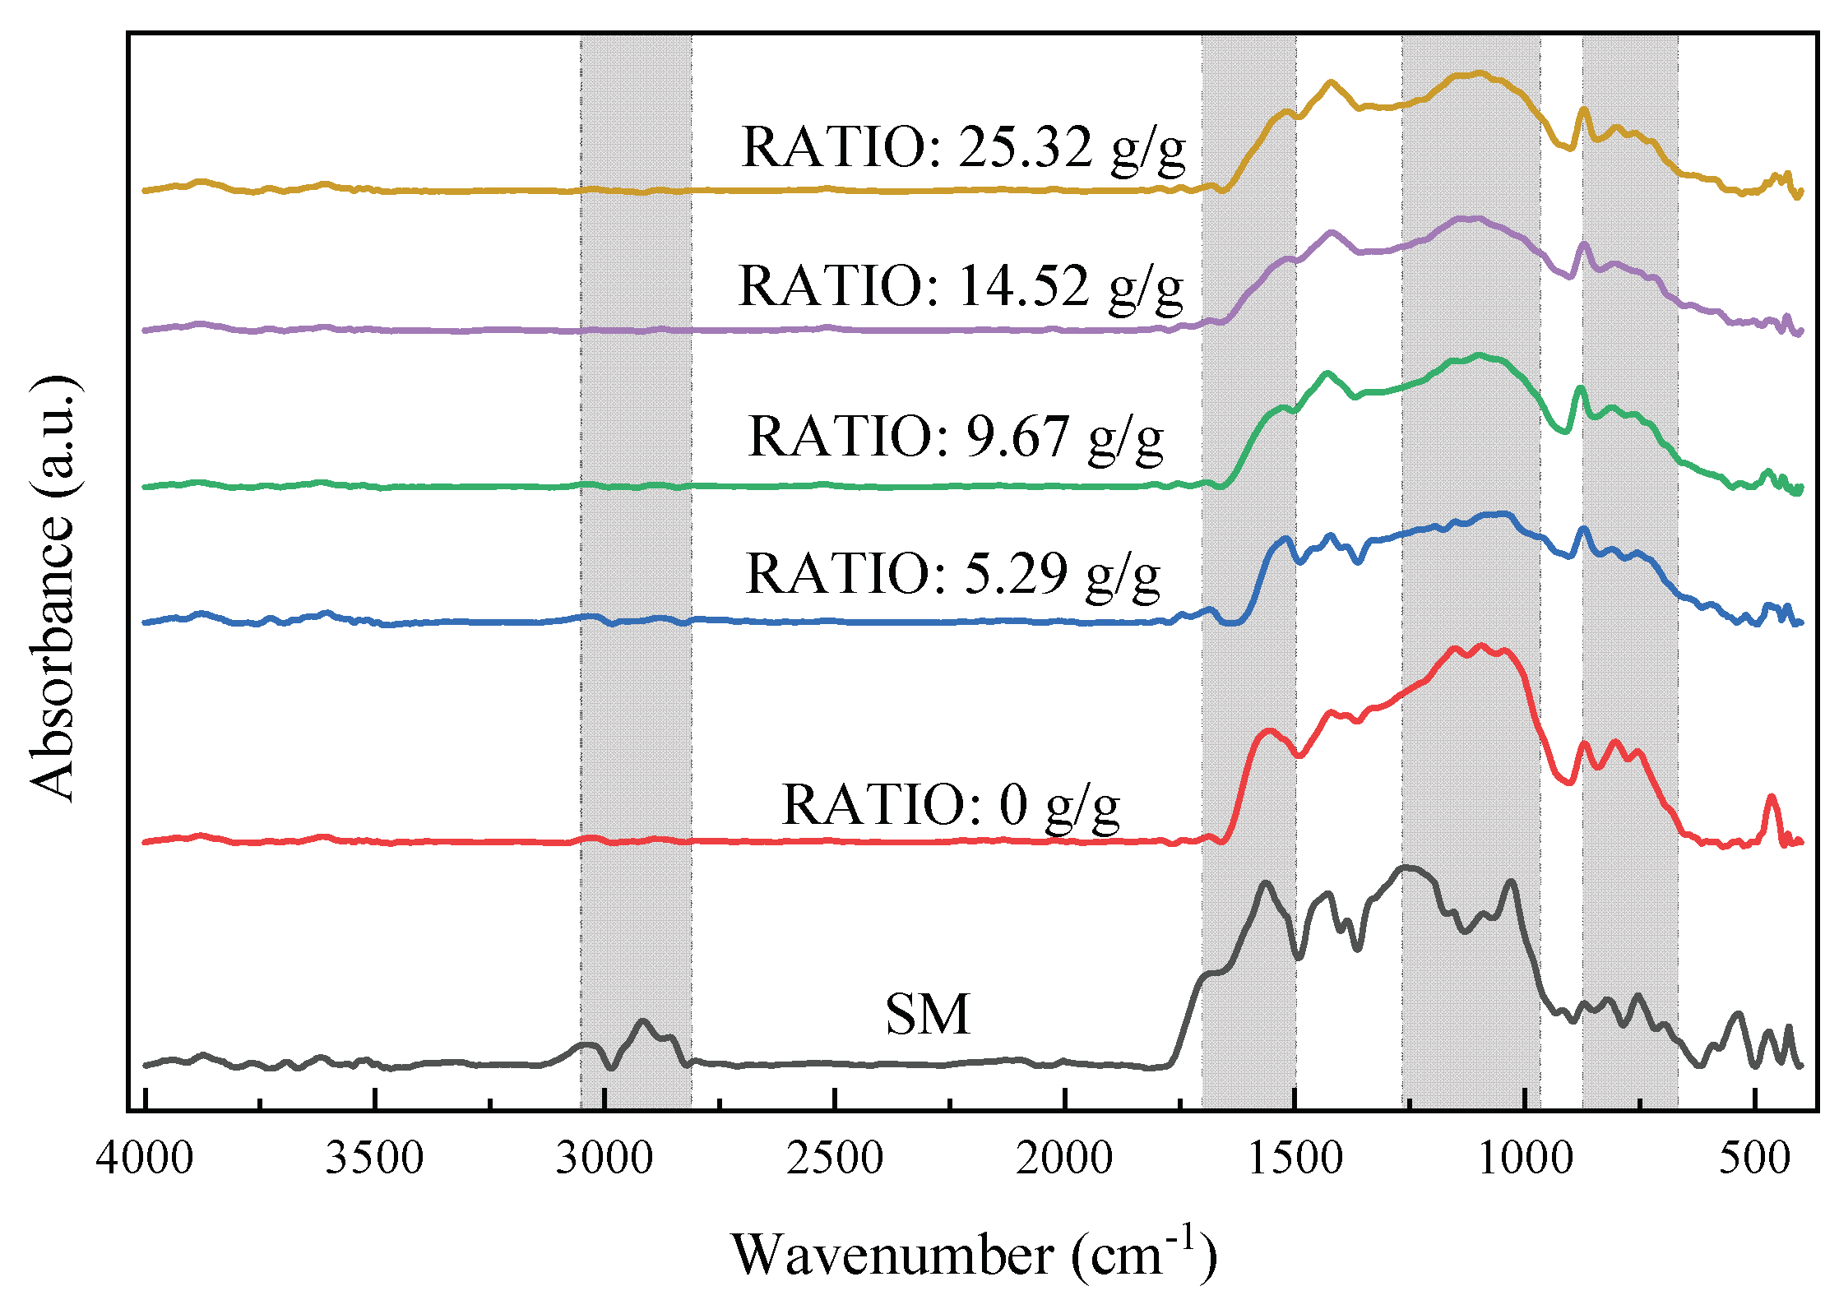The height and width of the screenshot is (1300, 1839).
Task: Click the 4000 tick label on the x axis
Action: tap(145, 1159)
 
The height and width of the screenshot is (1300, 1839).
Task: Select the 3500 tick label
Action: tap(374, 1159)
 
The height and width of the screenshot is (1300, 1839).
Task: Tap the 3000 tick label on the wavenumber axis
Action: tap(605, 1159)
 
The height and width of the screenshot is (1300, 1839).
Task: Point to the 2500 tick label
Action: tap(835, 1159)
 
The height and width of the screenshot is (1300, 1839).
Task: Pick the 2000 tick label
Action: tap(1064, 1159)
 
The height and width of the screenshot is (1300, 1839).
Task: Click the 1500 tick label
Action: tap(1295, 1159)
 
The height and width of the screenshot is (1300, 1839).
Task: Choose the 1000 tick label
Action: tap(1525, 1159)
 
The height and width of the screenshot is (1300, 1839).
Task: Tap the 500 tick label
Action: tap(1754, 1159)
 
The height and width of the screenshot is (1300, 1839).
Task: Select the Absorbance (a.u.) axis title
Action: tap(53, 588)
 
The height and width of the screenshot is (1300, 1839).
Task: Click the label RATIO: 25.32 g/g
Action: tap(963, 148)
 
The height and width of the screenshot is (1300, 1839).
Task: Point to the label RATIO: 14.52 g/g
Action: tap(961, 287)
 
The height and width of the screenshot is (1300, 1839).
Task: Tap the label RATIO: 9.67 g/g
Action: tap(956, 437)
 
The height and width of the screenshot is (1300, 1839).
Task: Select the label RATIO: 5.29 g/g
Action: tap(952, 574)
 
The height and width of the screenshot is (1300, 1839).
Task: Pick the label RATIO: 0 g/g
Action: tap(950, 804)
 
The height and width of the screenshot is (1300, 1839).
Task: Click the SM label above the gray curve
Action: tap(927, 1014)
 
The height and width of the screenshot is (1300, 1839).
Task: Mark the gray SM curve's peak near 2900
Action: tap(643, 1021)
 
